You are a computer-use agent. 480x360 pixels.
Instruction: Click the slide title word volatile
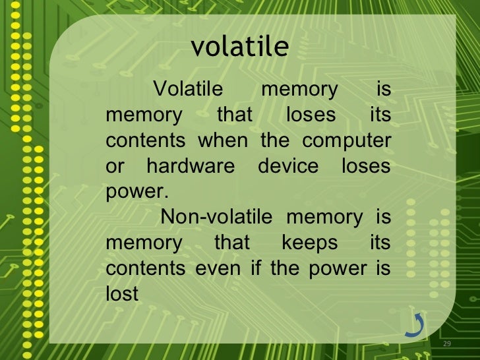coord(240,47)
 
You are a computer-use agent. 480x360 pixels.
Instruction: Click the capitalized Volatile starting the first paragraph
coord(188,89)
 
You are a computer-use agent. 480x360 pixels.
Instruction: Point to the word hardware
coord(190,166)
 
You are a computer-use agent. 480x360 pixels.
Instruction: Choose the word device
coord(288,166)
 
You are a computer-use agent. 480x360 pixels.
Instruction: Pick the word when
coord(223,140)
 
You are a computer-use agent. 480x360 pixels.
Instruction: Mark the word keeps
coord(309,243)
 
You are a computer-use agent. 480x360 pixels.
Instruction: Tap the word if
coord(256,268)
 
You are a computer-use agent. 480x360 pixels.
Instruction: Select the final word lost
coord(122,294)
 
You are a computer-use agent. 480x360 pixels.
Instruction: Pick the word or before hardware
coord(114,166)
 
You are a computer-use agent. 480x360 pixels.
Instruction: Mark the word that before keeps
coord(232,243)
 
